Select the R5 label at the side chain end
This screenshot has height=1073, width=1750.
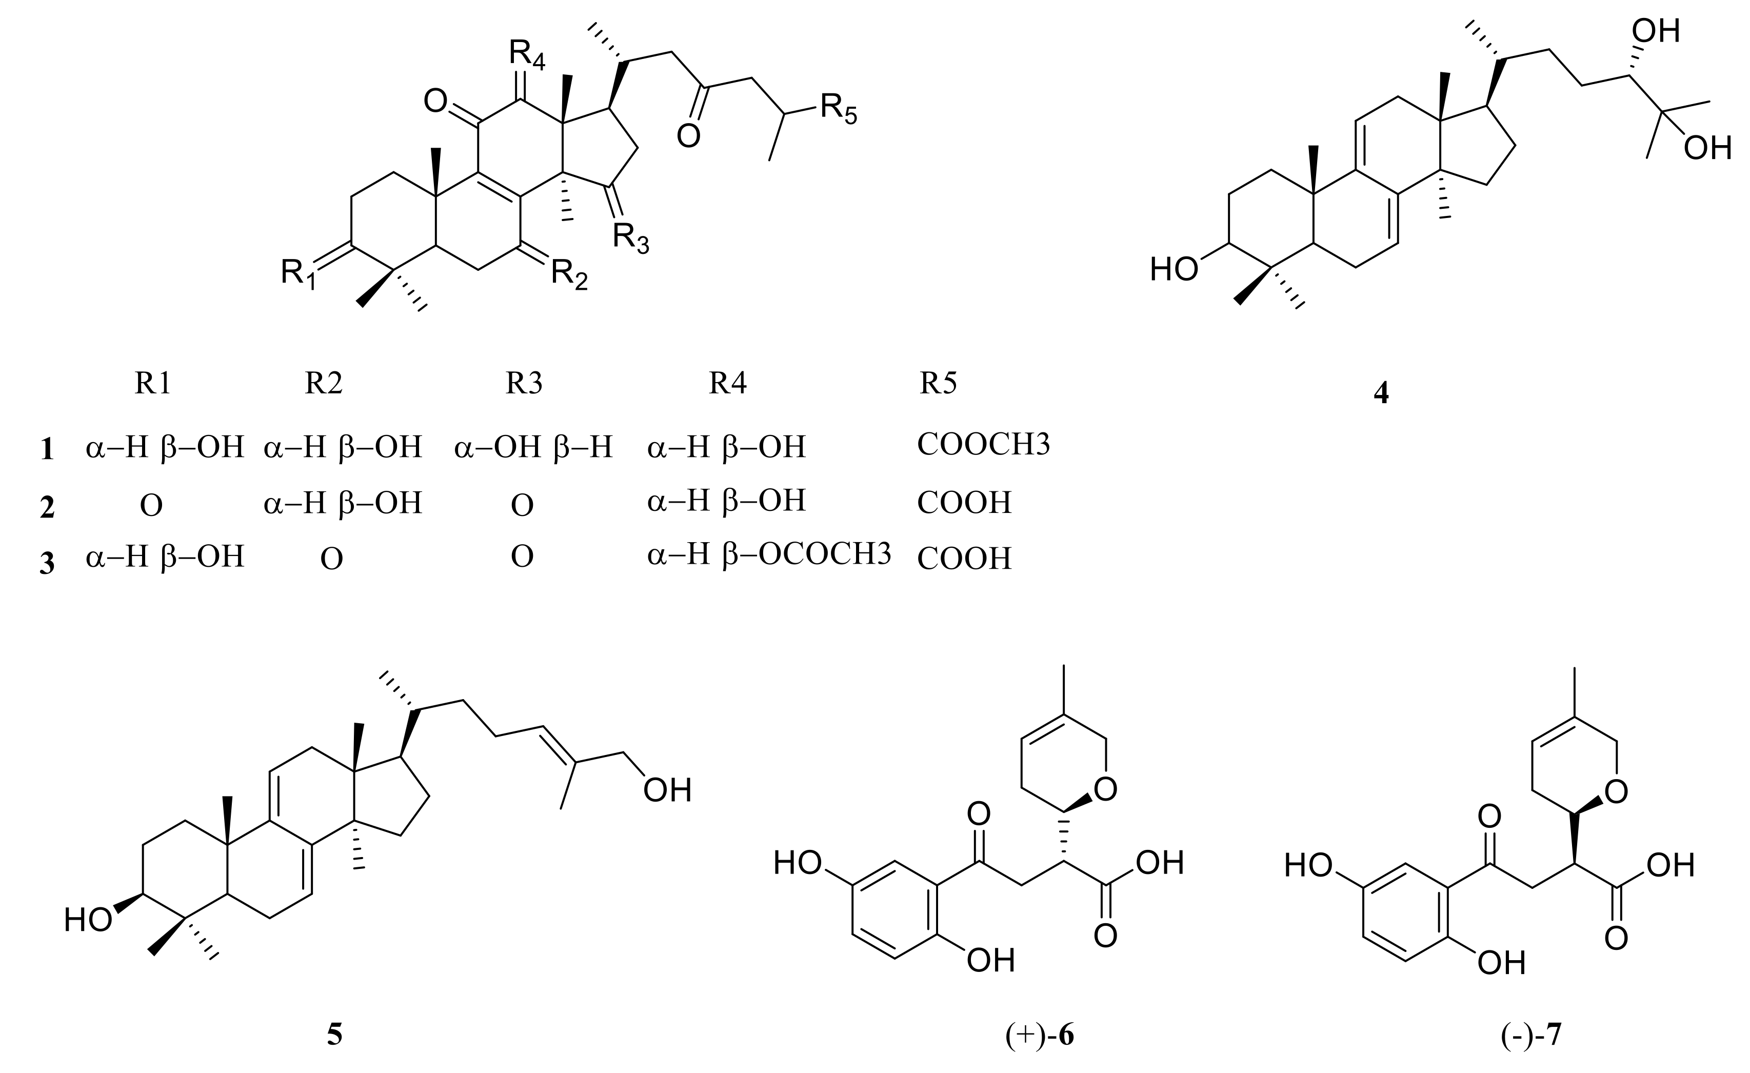[x=838, y=109]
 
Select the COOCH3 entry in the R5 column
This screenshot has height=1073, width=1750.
[x=983, y=445]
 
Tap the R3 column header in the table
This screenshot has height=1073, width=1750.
[x=524, y=384]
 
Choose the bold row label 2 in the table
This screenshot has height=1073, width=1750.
[x=47, y=508]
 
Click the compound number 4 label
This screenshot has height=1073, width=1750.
[x=1381, y=393]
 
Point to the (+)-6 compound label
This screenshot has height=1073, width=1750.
[x=1039, y=1036]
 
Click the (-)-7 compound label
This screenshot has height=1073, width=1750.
[x=1532, y=1036]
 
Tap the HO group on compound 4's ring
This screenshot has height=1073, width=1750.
[x=1174, y=270]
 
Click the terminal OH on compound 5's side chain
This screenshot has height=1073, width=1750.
[x=667, y=790]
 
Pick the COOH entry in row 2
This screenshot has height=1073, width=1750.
[x=964, y=503]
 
